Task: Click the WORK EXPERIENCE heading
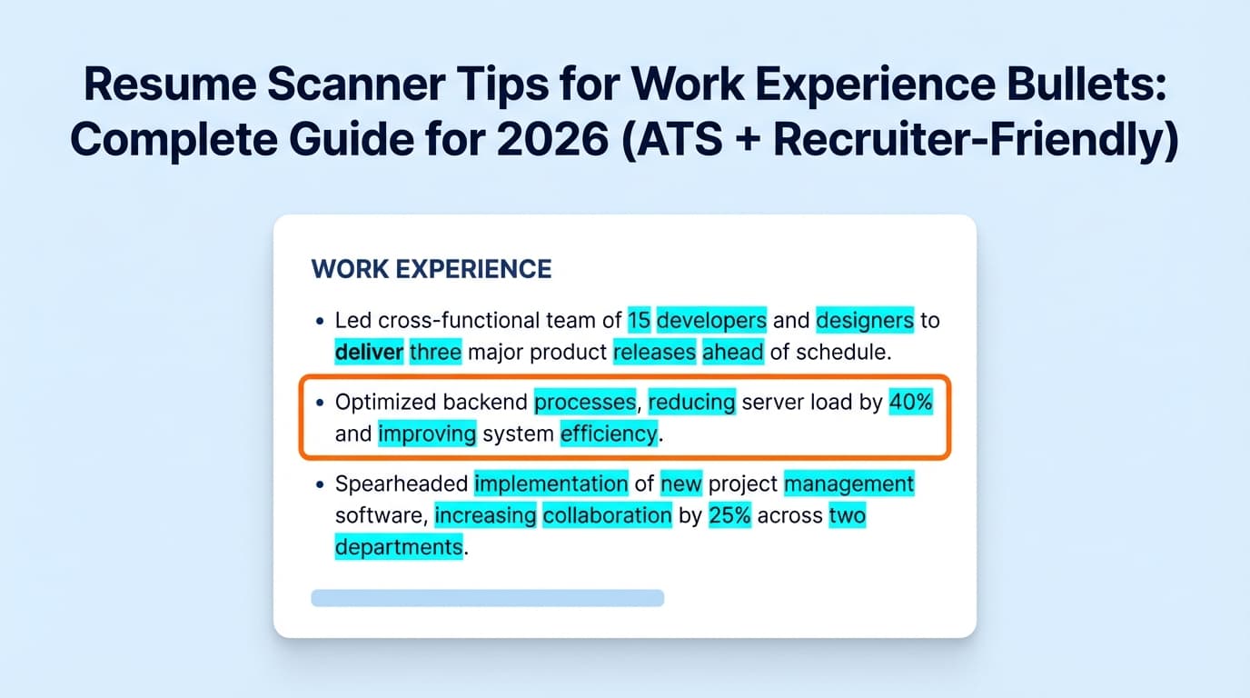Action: (x=431, y=269)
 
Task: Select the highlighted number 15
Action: (x=639, y=320)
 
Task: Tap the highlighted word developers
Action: (x=711, y=320)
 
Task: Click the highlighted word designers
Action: (x=864, y=320)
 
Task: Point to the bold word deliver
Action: (x=369, y=352)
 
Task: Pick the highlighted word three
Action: (x=436, y=352)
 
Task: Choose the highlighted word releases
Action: (x=654, y=352)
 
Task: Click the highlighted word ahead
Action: (x=732, y=352)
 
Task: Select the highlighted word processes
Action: (x=585, y=402)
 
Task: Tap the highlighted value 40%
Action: (x=911, y=402)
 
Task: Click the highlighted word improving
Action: (x=427, y=434)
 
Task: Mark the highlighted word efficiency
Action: (x=608, y=434)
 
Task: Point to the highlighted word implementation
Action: (x=551, y=484)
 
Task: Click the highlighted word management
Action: (x=848, y=484)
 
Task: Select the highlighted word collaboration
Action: (x=607, y=515)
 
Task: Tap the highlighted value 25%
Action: (x=729, y=515)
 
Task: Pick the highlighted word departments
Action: (x=398, y=547)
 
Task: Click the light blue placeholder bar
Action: (x=487, y=597)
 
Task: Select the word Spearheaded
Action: (x=402, y=484)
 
